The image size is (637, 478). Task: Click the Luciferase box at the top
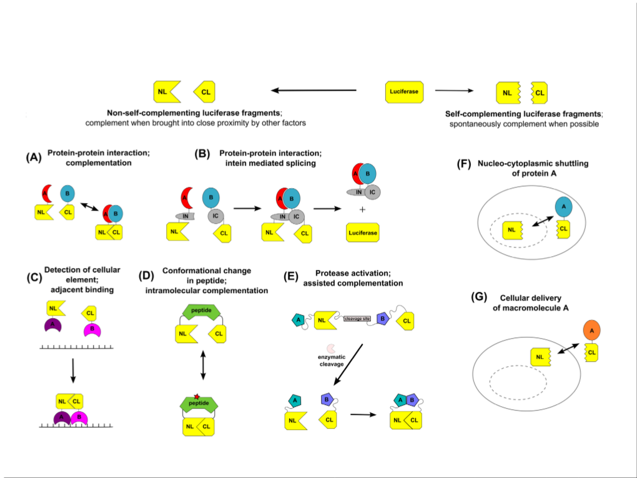[x=404, y=92]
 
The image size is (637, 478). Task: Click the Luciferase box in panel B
[x=363, y=233]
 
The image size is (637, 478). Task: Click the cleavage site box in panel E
[x=358, y=319]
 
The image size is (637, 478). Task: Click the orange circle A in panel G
[x=591, y=329]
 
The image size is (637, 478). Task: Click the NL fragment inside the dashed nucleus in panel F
[x=513, y=231]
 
